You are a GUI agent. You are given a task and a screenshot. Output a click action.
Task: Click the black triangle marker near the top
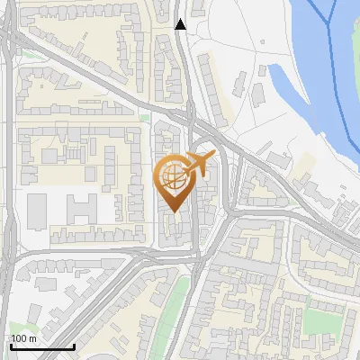pyautogui.click(x=181, y=24)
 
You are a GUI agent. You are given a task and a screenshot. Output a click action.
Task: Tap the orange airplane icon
pyautogui.click(x=201, y=166)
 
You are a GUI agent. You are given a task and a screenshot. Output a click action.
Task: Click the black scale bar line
pyautogui.click(x=42, y=346)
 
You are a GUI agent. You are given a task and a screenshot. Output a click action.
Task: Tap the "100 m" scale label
pyautogui.click(x=23, y=338)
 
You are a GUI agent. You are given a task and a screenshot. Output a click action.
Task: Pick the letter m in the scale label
pyautogui.click(x=31, y=338)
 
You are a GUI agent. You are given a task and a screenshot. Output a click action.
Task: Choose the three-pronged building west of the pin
pyautogui.click(x=80, y=209)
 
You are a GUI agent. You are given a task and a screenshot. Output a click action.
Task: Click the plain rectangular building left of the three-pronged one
pyautogui.click(x=37, y=211)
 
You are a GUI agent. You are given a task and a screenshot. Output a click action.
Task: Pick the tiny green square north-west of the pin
pyautogui.click(x=144, y=116)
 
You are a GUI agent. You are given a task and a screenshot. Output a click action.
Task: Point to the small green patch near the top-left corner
pyautogui.click(x=31, y=54)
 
